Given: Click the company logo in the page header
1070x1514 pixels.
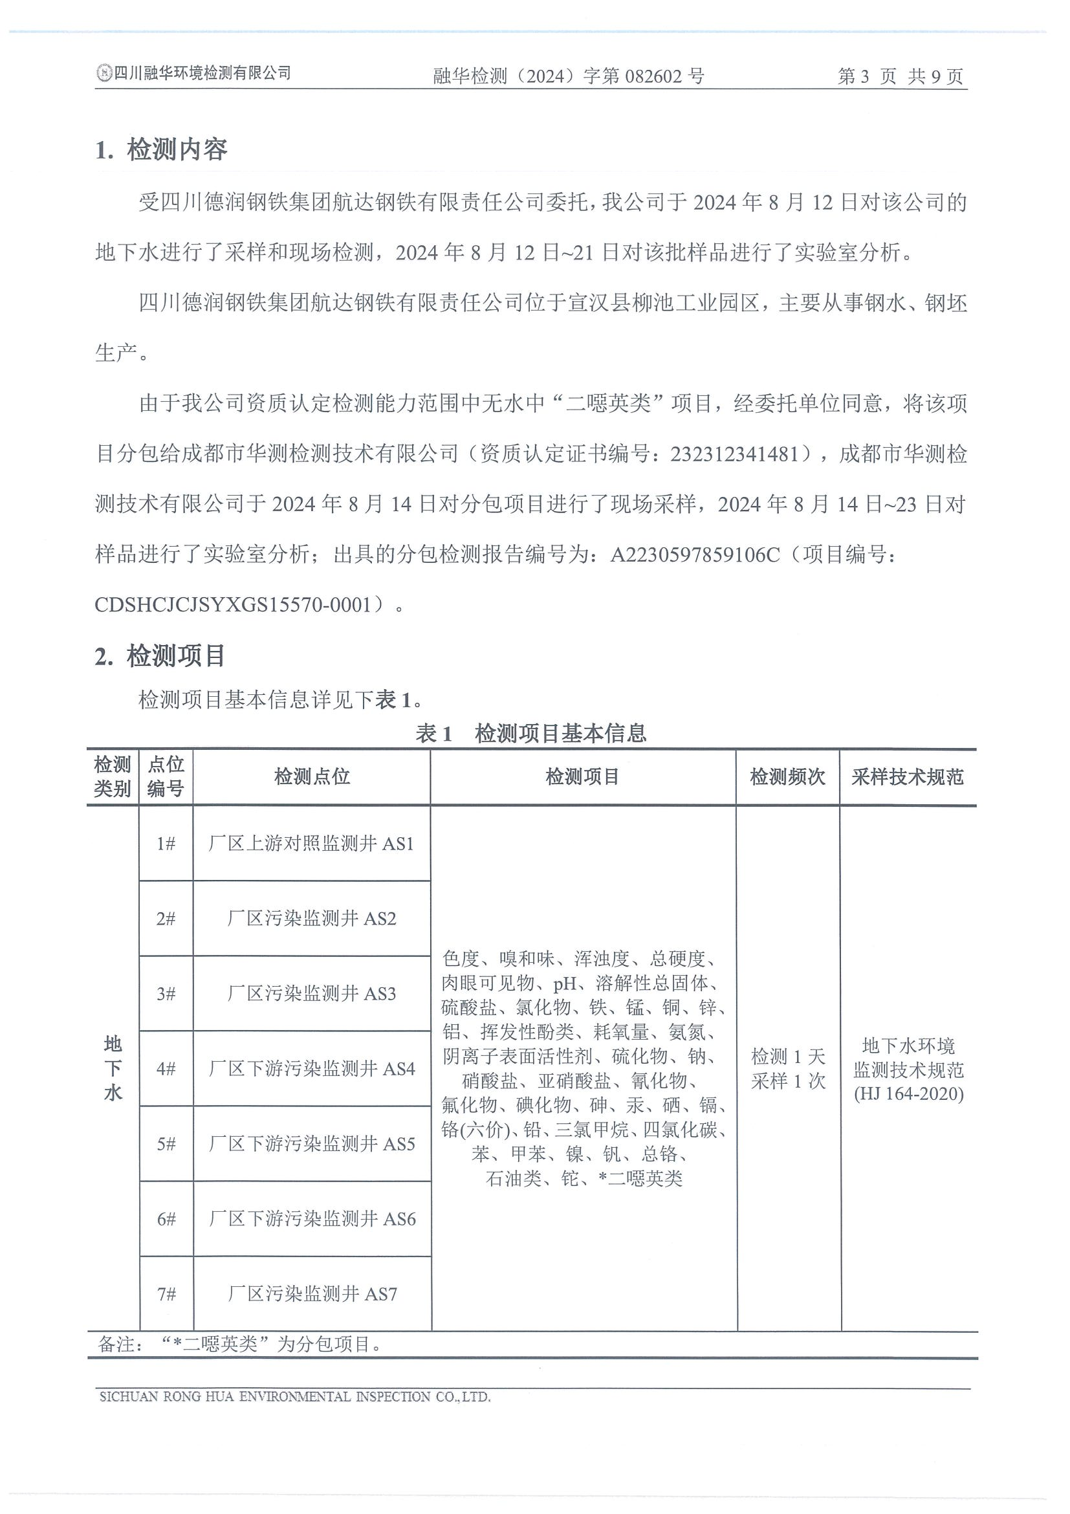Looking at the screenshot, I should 104,73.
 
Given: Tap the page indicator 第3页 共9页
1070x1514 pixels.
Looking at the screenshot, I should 900,76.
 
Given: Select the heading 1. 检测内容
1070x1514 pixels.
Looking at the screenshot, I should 162,149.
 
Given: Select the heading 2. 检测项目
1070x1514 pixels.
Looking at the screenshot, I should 160,656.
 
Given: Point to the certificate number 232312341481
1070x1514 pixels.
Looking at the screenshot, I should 734,454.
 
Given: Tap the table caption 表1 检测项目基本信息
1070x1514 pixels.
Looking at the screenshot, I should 530,732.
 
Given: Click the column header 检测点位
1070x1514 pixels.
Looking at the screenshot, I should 312,777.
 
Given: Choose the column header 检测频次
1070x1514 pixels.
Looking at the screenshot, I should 787,777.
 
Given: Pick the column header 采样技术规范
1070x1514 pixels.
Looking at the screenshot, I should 907,777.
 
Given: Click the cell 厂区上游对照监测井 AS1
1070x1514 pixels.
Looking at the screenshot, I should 311,844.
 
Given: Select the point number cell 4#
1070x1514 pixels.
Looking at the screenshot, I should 166,1068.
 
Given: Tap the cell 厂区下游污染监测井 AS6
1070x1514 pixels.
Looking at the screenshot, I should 312,1218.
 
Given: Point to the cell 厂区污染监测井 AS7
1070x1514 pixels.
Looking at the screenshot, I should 312,1294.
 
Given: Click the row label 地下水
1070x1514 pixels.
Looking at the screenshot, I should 113,1068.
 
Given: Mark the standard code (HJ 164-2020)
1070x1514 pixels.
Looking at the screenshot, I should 908,1094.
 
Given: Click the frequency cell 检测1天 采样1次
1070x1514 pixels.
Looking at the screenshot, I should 788,1069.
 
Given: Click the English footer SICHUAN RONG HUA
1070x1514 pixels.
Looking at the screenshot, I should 295,1396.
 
